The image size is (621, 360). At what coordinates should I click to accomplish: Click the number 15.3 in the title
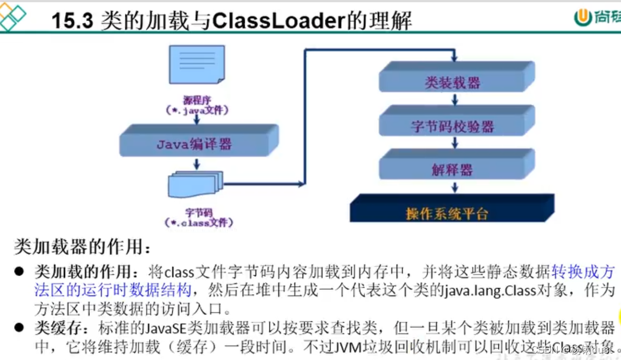coord(73,20)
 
